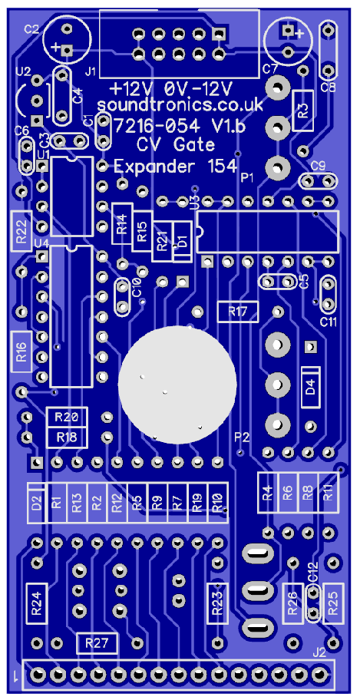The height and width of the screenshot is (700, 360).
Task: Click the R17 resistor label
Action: click(x=238, y=312)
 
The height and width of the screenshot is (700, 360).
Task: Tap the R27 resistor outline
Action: click(x=97, y=643)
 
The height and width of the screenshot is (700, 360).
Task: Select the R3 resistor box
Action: click(x=303, y=111)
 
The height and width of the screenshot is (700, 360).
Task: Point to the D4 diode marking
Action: click(x=310, y=386)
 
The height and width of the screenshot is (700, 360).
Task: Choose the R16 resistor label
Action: click(x=21, y=352)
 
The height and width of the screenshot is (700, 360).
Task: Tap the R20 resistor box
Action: click(x=67, y=417)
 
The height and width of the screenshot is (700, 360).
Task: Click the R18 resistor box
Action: click(x=67, y=437)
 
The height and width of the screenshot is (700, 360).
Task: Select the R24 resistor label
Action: click(x=37, y=603)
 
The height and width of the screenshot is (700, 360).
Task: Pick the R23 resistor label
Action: click(x=217, y=603)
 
